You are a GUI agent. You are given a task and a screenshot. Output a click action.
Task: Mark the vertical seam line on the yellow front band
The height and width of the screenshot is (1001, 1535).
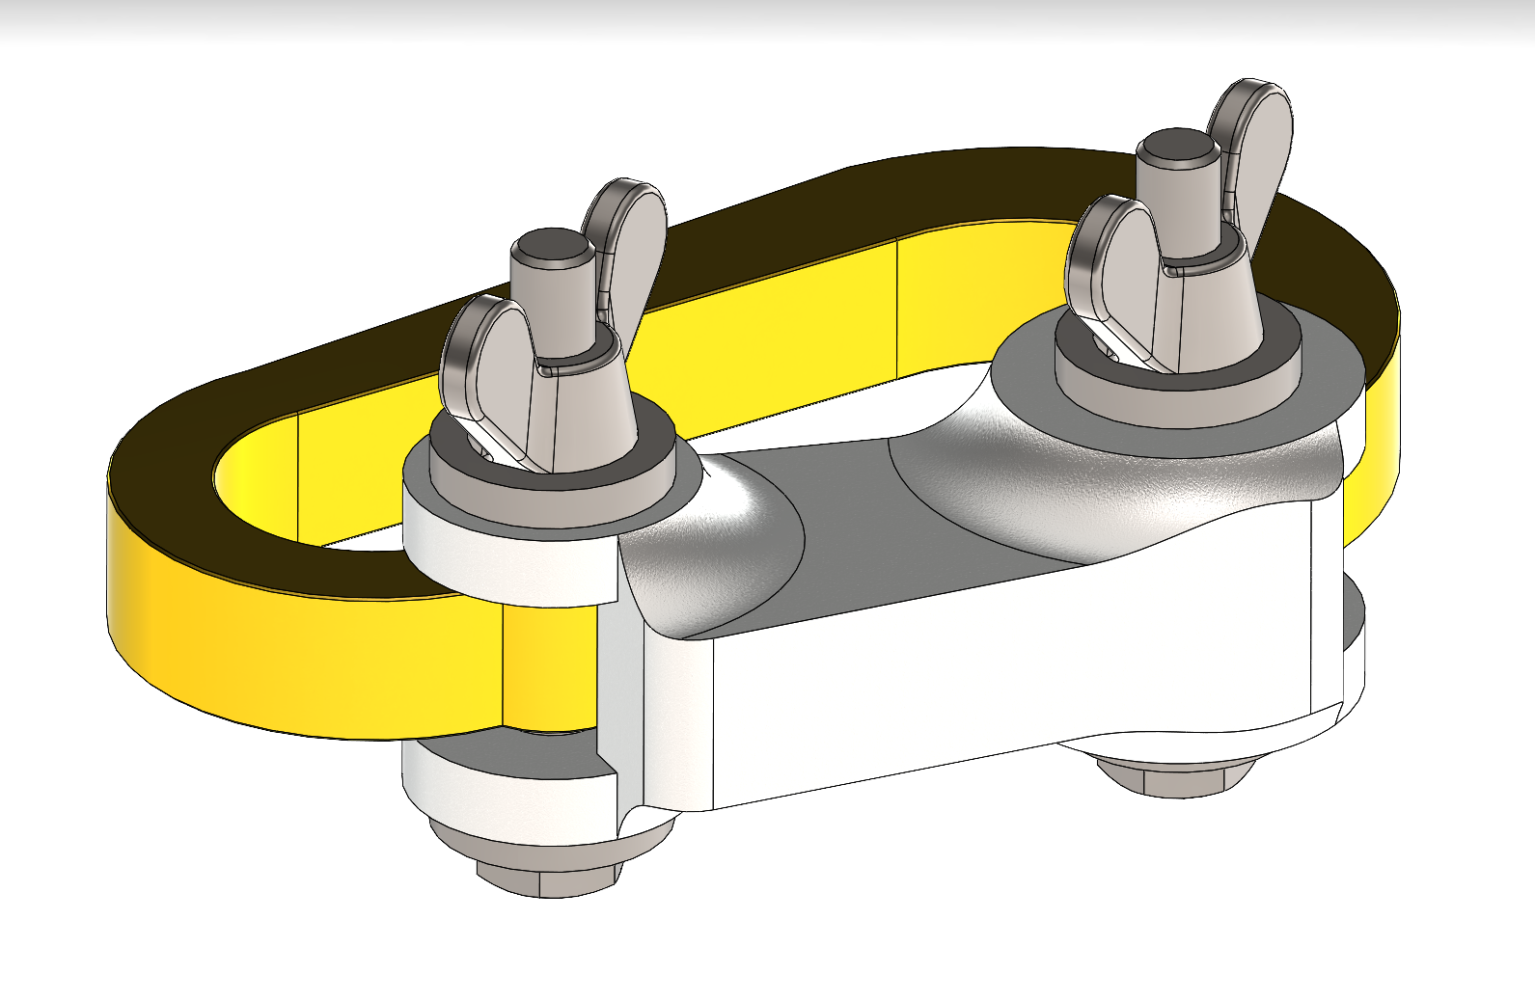502,665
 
